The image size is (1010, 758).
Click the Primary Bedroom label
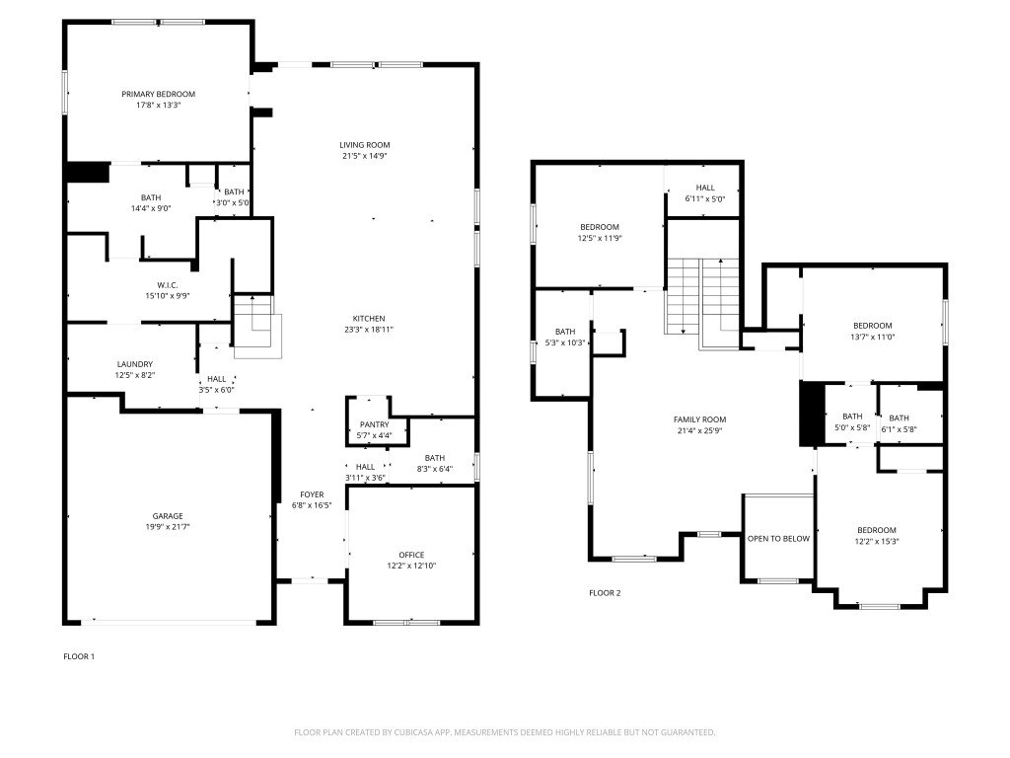click(158, 94)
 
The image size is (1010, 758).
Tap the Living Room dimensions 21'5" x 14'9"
click(365, 156)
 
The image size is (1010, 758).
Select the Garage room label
click(167, 515)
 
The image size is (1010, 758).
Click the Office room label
click(411, 555)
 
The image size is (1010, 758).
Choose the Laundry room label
click(135, 364)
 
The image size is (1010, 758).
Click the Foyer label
click(312, 494)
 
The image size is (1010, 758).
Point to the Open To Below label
click(778, 538)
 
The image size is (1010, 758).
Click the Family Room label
click(699, 419)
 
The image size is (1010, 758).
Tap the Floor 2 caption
click(605, 593)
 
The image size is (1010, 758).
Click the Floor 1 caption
click(78, 656)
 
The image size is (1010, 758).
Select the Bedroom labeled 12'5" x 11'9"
click(599, 227)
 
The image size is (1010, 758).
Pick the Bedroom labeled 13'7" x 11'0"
click(872, 326)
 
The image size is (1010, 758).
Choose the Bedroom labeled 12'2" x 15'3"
click(876, 530)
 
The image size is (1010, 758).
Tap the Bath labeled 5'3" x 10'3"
click(564, 332)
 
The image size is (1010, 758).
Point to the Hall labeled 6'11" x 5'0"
click(704, 188)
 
